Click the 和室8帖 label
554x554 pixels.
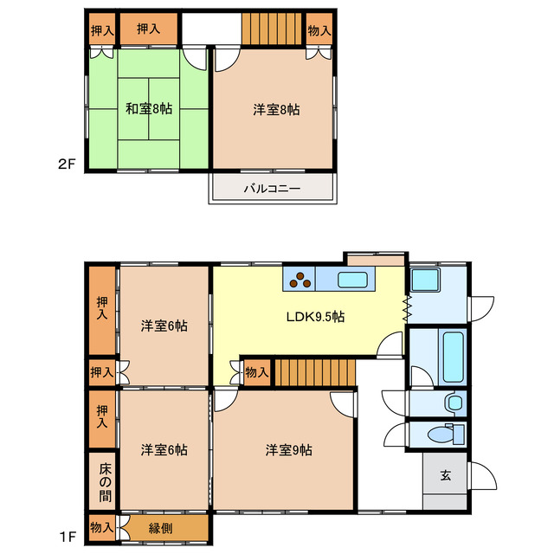pyautogui.click(x=148, y=110)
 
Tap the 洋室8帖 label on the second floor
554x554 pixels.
pyautogui.click(x=277, y=110)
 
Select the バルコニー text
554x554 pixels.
pyautogui.click(x=271, y=188)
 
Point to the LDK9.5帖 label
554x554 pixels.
pyautogui.click(x=315, y=318)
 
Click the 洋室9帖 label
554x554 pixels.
pyautogui.click(x=289, y=450)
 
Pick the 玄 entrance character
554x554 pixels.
pyautogui.click(x=445, y=475)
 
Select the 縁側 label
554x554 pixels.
pyautogui.click(x=160, y=526)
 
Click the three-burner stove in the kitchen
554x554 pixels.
pyautogui.click(x=300, y=279)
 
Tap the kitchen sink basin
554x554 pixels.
pyautogui.click(x=353, y=280)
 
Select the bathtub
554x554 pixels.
pyautogui.click(x=454, y=356)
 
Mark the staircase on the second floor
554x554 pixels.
pyautogui.click(x=272, y=29)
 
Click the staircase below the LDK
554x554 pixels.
pyautogui.click(x=315, y=373)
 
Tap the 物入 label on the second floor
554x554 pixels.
pyautogui.click(x=319, y=30)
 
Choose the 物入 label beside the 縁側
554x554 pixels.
pyautogui.click(x=101, y=526)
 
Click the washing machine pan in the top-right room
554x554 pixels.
pyautogui.click(x=424, y=280)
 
